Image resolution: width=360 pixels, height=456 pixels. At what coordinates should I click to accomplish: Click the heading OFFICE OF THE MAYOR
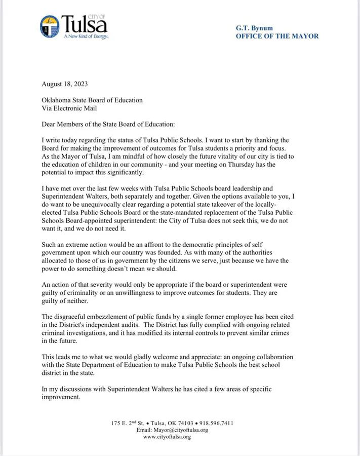(277, 36)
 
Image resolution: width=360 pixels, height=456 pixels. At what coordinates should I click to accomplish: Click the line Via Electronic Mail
(69, 108)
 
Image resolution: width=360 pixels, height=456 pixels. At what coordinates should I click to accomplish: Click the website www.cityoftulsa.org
(167, 436)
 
